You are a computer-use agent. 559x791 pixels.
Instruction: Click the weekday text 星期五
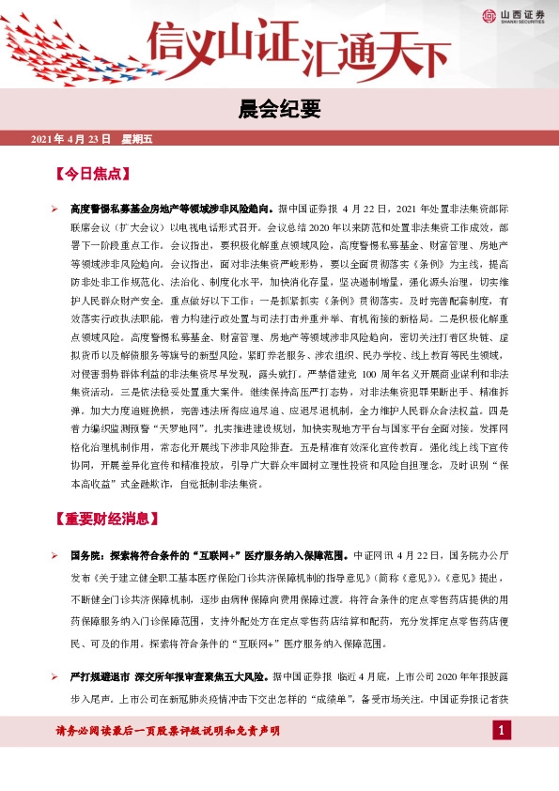coord(136,139)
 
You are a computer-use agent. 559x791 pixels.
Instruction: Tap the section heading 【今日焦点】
coord(91,174)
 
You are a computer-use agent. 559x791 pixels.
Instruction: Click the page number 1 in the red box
coord(503,731)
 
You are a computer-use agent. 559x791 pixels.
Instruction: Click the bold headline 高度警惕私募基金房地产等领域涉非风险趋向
coord(172,209)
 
